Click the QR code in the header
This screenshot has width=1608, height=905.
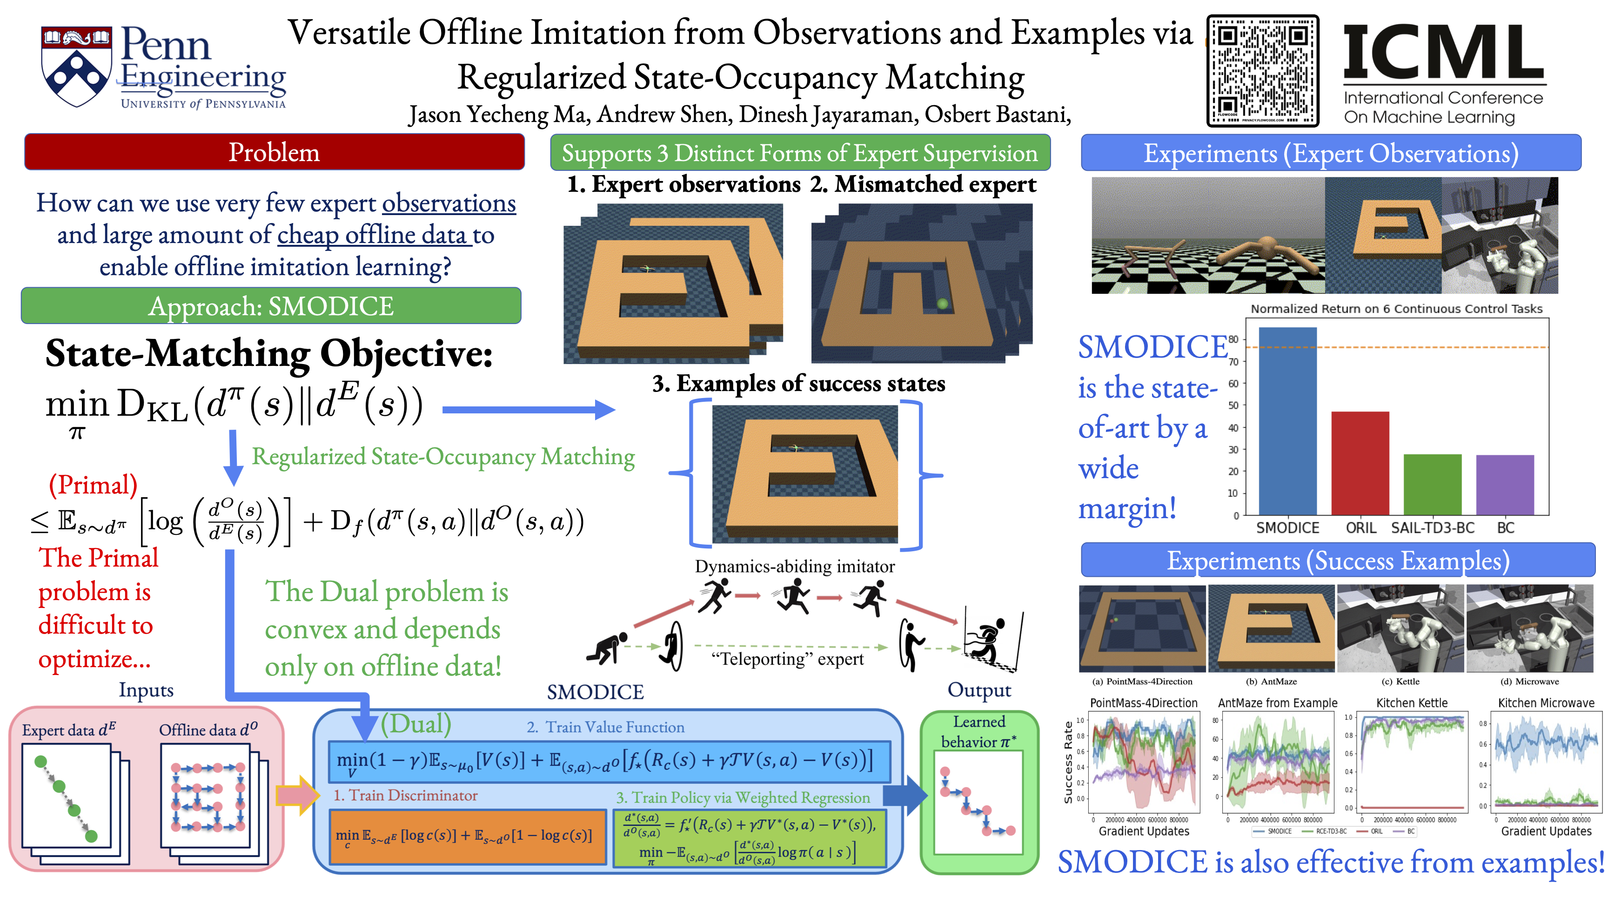1262,71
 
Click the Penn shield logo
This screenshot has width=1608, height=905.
76,66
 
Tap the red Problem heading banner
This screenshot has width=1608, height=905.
274,152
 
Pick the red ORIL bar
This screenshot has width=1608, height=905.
1360,463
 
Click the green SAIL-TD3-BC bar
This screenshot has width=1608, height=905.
1432,484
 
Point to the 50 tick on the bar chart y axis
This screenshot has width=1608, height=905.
1233,405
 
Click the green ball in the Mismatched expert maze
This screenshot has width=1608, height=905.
943,304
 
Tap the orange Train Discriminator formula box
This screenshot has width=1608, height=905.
468,836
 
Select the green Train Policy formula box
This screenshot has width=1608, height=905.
750,837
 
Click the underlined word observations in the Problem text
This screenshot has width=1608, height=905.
449,203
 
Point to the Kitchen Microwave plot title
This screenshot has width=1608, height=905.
1546,702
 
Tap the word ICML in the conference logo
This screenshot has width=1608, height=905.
1444,52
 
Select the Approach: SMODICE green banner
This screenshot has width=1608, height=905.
271,306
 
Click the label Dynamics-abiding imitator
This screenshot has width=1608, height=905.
795,567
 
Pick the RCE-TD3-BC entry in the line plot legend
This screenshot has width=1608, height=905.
1330,831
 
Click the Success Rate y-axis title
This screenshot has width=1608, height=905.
1068,762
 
